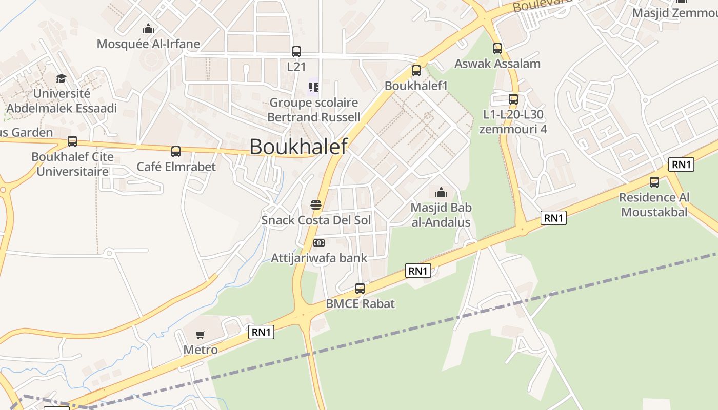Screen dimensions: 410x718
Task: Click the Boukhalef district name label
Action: pos(298,147)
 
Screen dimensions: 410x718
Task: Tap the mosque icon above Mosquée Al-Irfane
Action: pos(148,29)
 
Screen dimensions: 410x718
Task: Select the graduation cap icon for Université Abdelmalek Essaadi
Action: pos(62,78)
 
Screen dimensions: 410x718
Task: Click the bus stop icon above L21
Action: pos(296,51)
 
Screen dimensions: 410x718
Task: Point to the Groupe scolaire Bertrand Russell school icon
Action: pos(313,87)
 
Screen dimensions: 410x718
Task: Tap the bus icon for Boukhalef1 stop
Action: pos(416,70)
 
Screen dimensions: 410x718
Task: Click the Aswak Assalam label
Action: pos(497,64)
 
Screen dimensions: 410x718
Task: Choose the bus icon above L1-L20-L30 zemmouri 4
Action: pos(513,99)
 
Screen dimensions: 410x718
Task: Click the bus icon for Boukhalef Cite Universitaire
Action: pos(72,141)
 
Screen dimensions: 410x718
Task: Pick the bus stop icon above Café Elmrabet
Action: pos(176,151)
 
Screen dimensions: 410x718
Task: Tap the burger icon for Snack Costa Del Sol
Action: pos(316,206)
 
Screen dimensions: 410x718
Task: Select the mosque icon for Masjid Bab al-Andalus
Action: pos(441,193)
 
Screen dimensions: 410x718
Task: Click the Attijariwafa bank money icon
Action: pos(319,242)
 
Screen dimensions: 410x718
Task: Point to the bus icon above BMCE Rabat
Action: pos(360,288)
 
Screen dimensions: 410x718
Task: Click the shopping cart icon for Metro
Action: pos(201,335)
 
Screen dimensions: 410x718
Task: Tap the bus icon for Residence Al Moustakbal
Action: pos(654,182)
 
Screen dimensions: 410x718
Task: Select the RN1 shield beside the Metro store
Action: pos(262,332)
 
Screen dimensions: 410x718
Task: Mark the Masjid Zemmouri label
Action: pos(674,13)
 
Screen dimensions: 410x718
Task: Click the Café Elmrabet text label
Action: pos(176,167)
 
